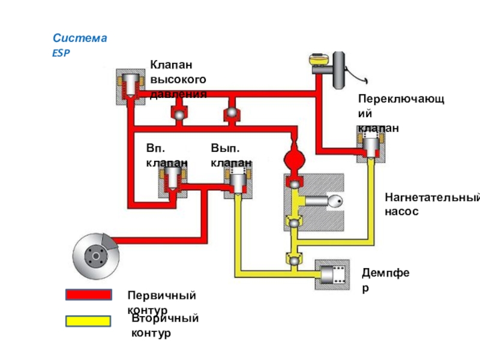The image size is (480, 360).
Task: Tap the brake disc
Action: coord(95,257)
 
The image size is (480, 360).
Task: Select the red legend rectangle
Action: coord(88,295)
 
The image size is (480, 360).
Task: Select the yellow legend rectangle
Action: coord(88,321)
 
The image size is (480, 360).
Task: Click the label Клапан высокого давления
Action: coord(178,79)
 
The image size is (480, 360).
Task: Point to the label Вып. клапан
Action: coord(231,155)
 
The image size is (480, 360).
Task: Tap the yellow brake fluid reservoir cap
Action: coord(317,61)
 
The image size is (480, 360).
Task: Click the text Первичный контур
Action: coord(162,302)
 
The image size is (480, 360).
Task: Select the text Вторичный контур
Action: coord(165,325)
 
